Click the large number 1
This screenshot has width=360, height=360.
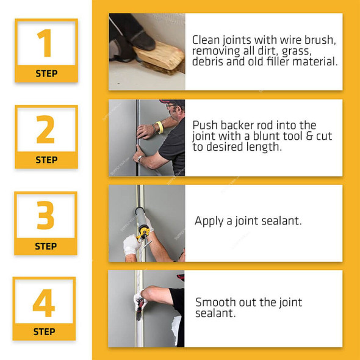tap(45, 43)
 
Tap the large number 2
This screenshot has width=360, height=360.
tap(45, 129)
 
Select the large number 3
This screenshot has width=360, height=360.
tap(46, 215)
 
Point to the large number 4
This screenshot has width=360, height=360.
tap(43, 303)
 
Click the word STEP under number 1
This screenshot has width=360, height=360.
tap(46, 74)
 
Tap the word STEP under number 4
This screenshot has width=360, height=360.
tap(44, 332)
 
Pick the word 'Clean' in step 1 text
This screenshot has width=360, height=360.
tap(206, 40)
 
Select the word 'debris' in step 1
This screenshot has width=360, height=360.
tap(207, 62)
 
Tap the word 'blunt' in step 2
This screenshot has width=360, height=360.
tap(266, 136)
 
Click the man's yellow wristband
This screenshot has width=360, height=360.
tap(160, 127)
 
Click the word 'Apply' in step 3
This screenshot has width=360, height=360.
tap(209, 221)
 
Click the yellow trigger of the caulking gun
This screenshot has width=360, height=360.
tap(143, 232)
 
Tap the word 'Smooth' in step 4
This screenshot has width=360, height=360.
tap(215, 303)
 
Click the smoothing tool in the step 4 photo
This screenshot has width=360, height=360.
tap(140, 309)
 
